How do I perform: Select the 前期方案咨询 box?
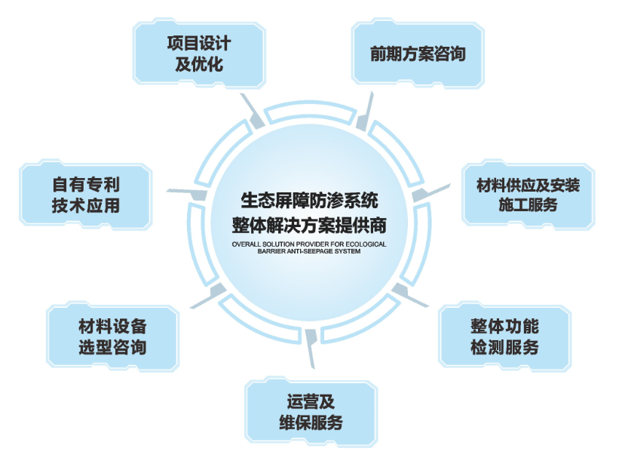pyautogui.click(x=417, y=54)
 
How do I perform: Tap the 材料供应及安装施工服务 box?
pyautogui.click(x=528, y=194)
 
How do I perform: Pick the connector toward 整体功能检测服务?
pyautogui.click(x=408, y=294)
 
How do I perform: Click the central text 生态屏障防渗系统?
pyautogui.click(x=309, y=201)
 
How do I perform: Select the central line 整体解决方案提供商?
pyautogui.click(x=309, y=224)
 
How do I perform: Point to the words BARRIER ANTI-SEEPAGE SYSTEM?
pyautogui.click(x=309, y=252)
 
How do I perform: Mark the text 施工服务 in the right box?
pyautogui.click(x=528, y=204)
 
